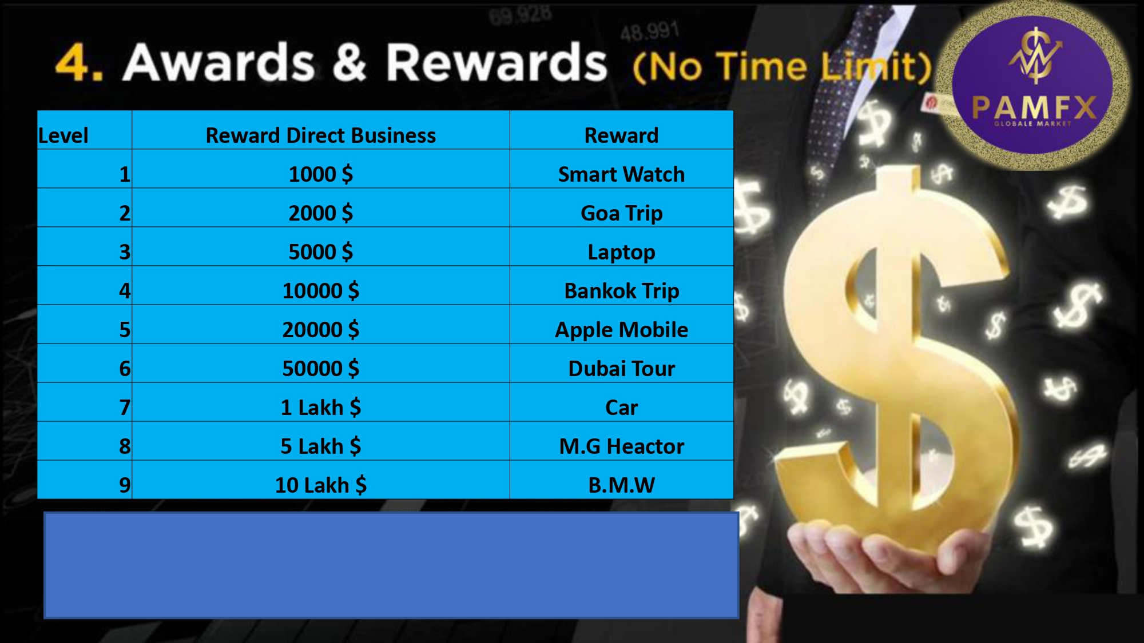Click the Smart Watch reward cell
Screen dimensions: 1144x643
click(621, 169)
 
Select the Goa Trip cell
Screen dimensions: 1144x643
click(621, 208)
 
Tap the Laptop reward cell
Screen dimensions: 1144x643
click(621, 247)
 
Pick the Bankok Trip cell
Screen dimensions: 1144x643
click(621, 286)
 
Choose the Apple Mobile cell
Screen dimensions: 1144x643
click(621, 325)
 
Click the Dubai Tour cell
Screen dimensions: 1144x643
click(621, 364)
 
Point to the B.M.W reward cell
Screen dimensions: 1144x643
click(621, 480)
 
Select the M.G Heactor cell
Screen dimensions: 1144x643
click(621, 441)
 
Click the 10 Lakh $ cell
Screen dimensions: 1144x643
click(321, 480)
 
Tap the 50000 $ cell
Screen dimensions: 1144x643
click(321, 364)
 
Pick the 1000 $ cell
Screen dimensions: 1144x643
click(321, 169)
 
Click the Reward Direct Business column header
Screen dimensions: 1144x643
click(321, 130)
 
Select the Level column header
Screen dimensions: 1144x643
click(85, 130)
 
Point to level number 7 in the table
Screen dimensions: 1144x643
click(125, 408)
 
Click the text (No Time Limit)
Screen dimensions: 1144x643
click(782, 66)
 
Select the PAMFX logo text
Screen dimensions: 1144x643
click(1034, 107)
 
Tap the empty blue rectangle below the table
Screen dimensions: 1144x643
click(391, 565)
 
